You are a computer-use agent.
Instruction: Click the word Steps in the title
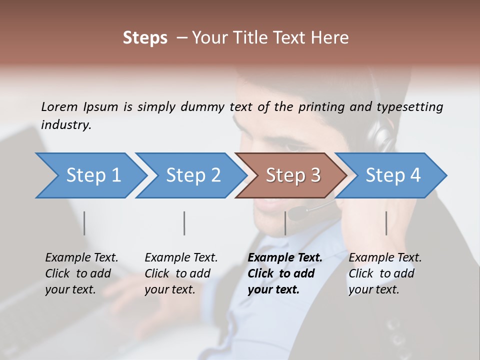click(145, 37)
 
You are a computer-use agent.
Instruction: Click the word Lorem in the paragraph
click(59, 106)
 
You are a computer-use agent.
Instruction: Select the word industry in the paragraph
click(66, 125)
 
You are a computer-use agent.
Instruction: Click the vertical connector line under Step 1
click(84, 223)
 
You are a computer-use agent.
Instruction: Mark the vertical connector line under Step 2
click(184, 223)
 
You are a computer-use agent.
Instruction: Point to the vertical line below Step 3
click(285, 223)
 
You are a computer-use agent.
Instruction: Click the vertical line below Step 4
click(386, 223)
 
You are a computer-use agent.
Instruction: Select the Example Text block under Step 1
click(81, 273)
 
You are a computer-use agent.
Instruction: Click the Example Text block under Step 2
click(181, 273)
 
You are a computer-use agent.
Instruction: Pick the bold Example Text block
click(285, 273)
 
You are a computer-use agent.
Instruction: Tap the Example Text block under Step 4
click(385, 273)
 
